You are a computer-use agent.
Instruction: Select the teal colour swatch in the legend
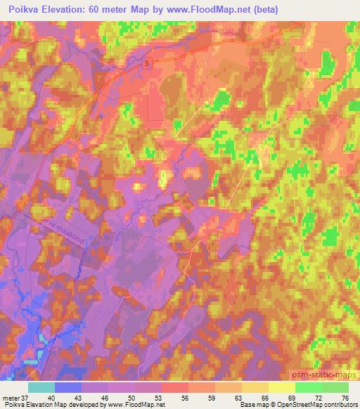click(41, 387)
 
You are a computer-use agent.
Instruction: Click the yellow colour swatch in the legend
click(281, 387)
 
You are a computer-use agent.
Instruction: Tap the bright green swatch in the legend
click(308, 387)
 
